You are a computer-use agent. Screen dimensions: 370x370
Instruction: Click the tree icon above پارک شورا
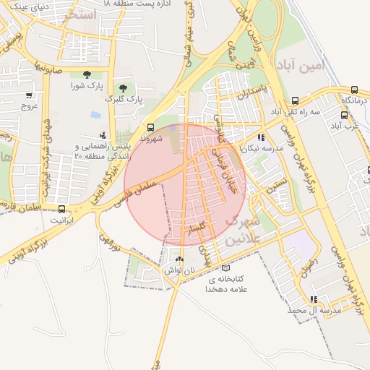pos(87,74)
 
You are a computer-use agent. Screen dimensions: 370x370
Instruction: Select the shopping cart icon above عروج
pos(29,95)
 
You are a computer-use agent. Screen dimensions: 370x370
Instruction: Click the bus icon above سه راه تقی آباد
pos(295,101)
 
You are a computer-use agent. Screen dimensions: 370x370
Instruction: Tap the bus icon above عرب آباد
pos(344,115)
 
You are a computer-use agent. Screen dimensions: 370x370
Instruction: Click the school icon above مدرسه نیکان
pos(261,137)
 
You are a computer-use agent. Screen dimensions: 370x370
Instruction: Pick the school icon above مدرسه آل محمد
pos(313,299)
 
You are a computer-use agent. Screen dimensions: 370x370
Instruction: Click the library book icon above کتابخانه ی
pos(225,267)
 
